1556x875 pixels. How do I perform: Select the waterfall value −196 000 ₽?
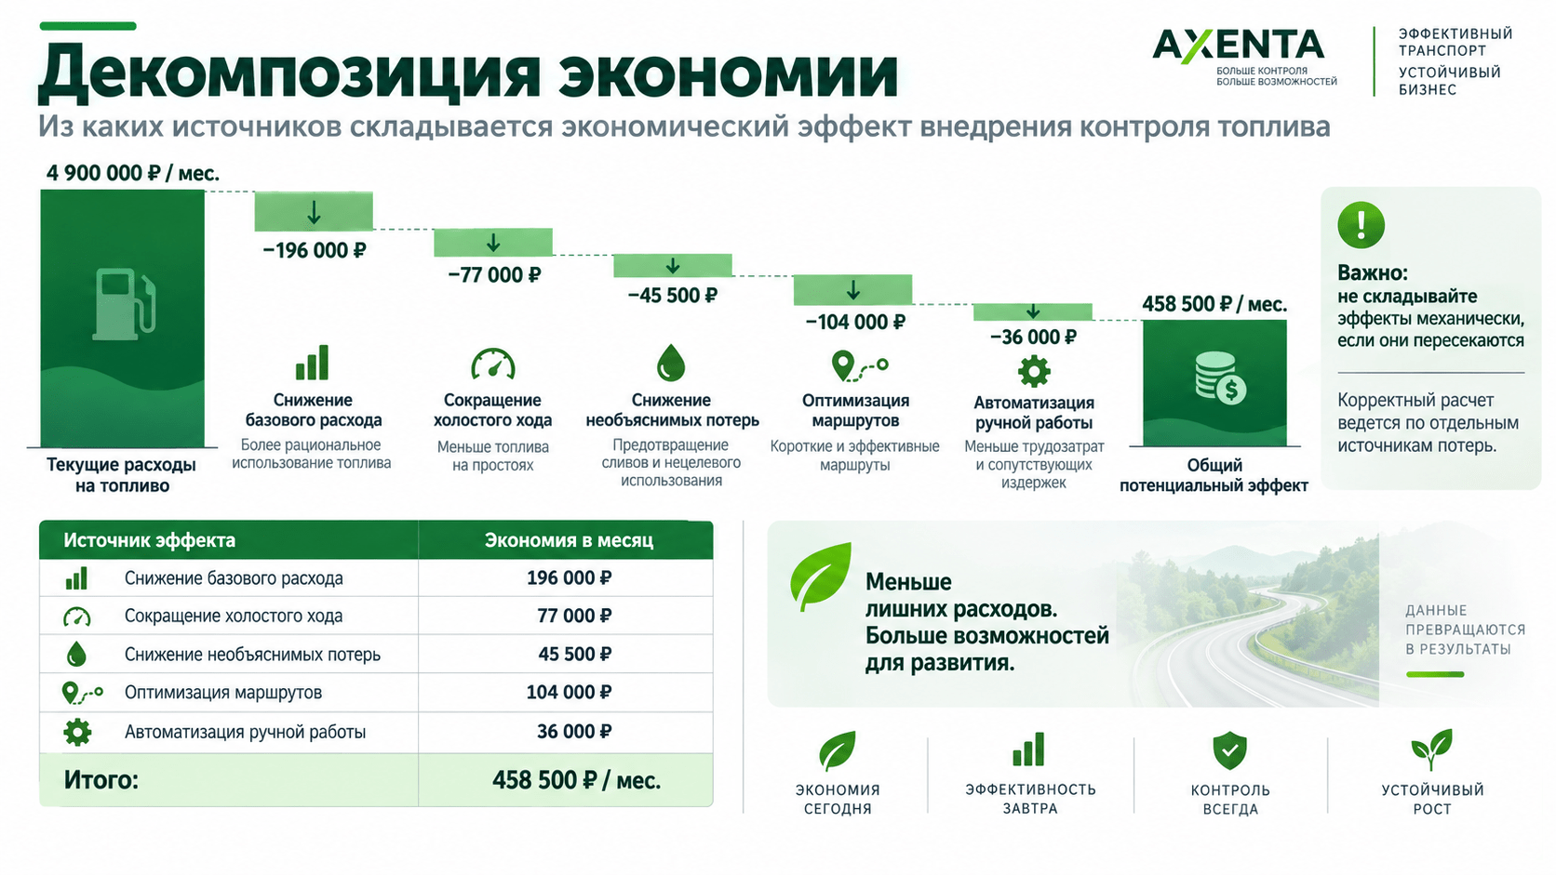pyautogui.click(x=314, y=250)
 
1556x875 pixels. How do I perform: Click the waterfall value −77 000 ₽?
pyautogui.click(x=494, y=275)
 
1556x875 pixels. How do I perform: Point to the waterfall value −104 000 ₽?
pyautogui.click(x=855, y=322)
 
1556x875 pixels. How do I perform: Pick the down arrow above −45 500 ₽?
pyautogui.click(x=673, y=266)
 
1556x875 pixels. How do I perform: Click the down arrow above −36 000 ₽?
pyautogui.click(x=1033, y=311)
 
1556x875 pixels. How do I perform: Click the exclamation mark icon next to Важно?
pyautogui.click(x=1361, y=225)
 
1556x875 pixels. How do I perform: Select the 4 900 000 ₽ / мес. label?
pyautogui.click(x=133, y=173)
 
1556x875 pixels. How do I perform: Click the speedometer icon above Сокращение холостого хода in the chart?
pyautogui.click(x=493, y=364)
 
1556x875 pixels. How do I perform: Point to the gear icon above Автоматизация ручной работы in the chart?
pyautogui.click(x=1034, y=371)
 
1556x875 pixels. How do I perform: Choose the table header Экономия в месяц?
pyautogui.click(x=569, y=540)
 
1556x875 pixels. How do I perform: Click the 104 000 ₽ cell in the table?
pyautogui.click(x=569, y=692)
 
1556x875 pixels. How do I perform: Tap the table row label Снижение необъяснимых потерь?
pyautogui.click(x=252, y=655)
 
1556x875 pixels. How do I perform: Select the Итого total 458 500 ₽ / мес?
pyautogui.click(x=577, y=780)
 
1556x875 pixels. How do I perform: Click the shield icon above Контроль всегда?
pyautogui.click(x=1229, y=750)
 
